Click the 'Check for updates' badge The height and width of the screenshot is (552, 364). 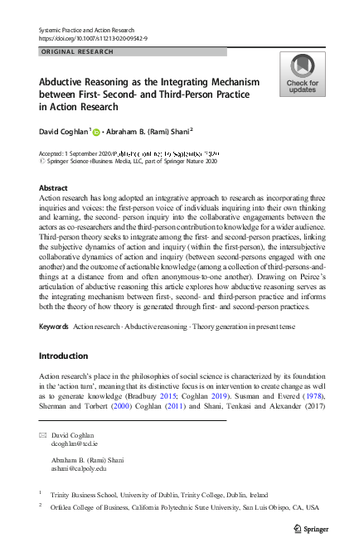tap(302, 74)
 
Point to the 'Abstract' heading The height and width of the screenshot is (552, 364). tap(54, 187)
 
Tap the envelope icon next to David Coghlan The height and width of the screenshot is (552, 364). tap(43, 435)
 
